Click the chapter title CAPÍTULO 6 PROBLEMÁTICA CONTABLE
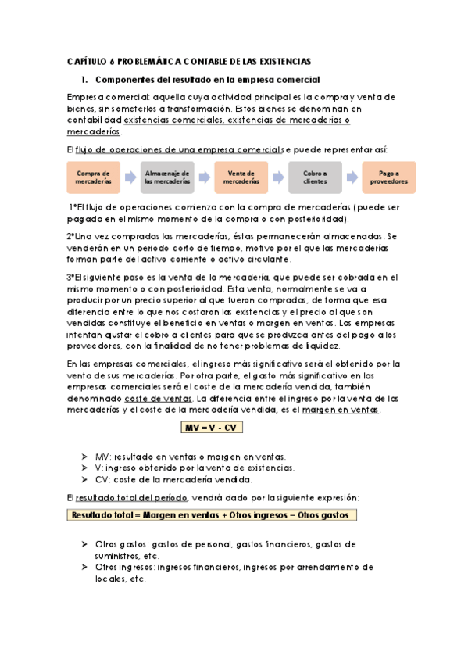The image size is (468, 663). pos(188,60)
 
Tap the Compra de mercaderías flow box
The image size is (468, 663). pos(93,177)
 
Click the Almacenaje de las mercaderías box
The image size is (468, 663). pos(167,177)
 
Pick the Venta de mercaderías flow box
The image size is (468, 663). pos(241,177)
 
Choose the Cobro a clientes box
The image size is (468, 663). pos(315,177)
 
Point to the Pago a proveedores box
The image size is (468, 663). pos(389,177)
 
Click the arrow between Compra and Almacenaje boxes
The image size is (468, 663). pos(130,177)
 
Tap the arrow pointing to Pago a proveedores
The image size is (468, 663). pos(352,177)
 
